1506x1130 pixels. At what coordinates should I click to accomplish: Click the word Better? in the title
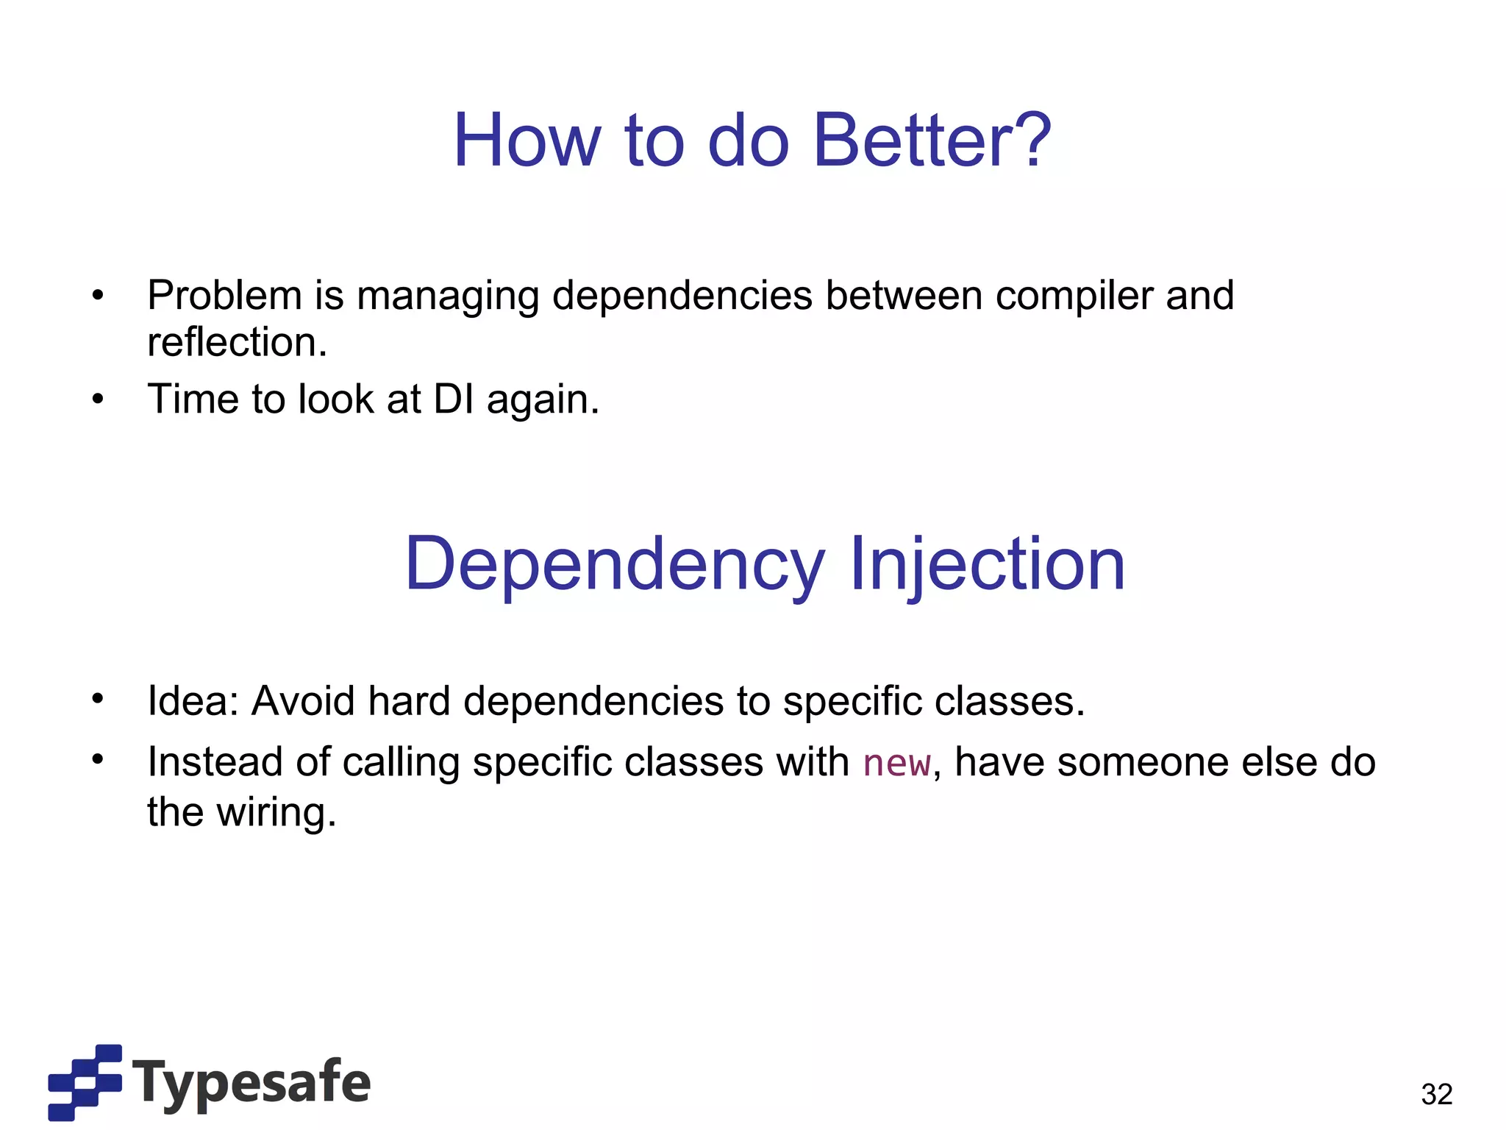tap(932, 140)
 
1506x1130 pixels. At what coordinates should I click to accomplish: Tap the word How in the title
tap(527, 140)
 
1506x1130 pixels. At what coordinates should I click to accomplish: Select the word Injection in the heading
tap(987, 564)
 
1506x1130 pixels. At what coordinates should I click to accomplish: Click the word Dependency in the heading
tap(614, 565)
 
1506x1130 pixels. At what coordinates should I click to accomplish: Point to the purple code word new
tap(896, 764)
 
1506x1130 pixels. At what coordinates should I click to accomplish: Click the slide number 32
tap(1436, 1094)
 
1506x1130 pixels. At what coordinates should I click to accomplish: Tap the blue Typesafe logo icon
tap(85, 1081)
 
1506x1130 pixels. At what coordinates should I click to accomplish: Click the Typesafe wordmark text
tap(251, 1083)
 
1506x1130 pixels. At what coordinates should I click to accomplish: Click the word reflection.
tap(237, 342)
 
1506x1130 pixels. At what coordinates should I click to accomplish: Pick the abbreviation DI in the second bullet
tap(453, 399)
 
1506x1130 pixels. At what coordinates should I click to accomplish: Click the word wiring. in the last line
tap(276, 812)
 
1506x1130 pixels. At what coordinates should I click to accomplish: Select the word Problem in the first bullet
tap(224, 296)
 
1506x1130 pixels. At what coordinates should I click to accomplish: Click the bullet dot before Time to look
tap(98, 399)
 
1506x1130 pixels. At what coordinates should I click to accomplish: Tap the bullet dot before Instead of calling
tap(98, 760)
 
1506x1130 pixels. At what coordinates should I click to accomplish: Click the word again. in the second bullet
tap(543, 400)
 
